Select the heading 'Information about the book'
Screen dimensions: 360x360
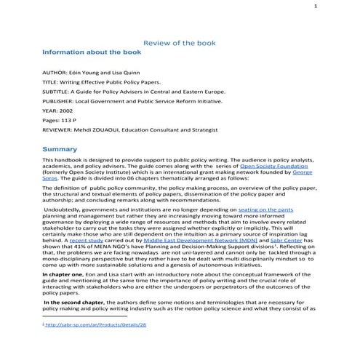pos(90,53)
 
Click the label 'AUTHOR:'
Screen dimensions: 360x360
pos(57,74)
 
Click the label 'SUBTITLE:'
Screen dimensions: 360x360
pos(58,93)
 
